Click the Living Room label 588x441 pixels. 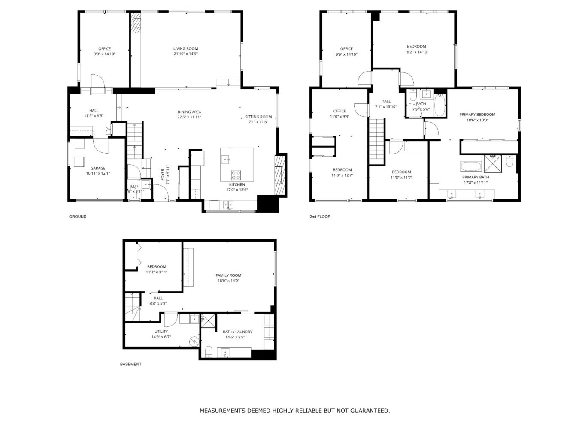[x=185, y=49]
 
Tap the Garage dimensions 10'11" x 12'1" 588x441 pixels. [x=98, y=174]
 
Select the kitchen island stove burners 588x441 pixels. [x=236, y=175]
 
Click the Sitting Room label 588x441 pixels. [x=258, y=117]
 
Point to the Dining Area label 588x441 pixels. [x=189, y=112]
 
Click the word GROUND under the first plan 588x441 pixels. [x=78, y=217]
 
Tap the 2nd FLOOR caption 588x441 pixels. [x=320, y=217]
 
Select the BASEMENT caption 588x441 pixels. [x=130, y=364]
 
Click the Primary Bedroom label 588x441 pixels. [x=477, y=115]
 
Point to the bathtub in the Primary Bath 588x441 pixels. [x=471, y=166]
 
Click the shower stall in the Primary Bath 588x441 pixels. [x=492, y=163]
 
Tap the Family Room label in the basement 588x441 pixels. [x=228, y=275]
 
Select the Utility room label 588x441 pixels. [x=161, y=332]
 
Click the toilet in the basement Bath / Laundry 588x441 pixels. [x=209, y=352]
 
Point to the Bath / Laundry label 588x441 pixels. [x=237, y=332]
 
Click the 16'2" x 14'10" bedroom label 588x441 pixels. [x=416, y=47]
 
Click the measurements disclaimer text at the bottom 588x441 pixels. [x=294, y=411]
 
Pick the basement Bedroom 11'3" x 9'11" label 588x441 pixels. [x=156, y=267]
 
